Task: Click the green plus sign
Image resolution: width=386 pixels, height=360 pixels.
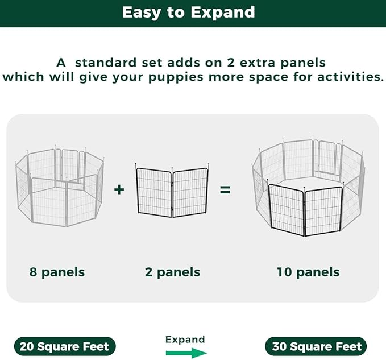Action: pos(119,189)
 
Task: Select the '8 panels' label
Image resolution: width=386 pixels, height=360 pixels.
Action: pos(57,272)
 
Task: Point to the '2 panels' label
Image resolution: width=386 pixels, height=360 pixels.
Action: pos(172,272)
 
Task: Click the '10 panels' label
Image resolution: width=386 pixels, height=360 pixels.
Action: pos(308,272)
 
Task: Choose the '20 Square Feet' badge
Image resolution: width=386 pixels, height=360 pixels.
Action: pos(64,346)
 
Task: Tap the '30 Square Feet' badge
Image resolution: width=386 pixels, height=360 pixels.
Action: pos(316,346)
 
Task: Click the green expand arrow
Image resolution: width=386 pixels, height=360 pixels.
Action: pos(185,353)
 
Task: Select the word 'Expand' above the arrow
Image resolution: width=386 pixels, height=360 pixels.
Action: pos(185,340)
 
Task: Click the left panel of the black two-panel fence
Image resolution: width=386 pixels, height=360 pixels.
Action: pos(153,192)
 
